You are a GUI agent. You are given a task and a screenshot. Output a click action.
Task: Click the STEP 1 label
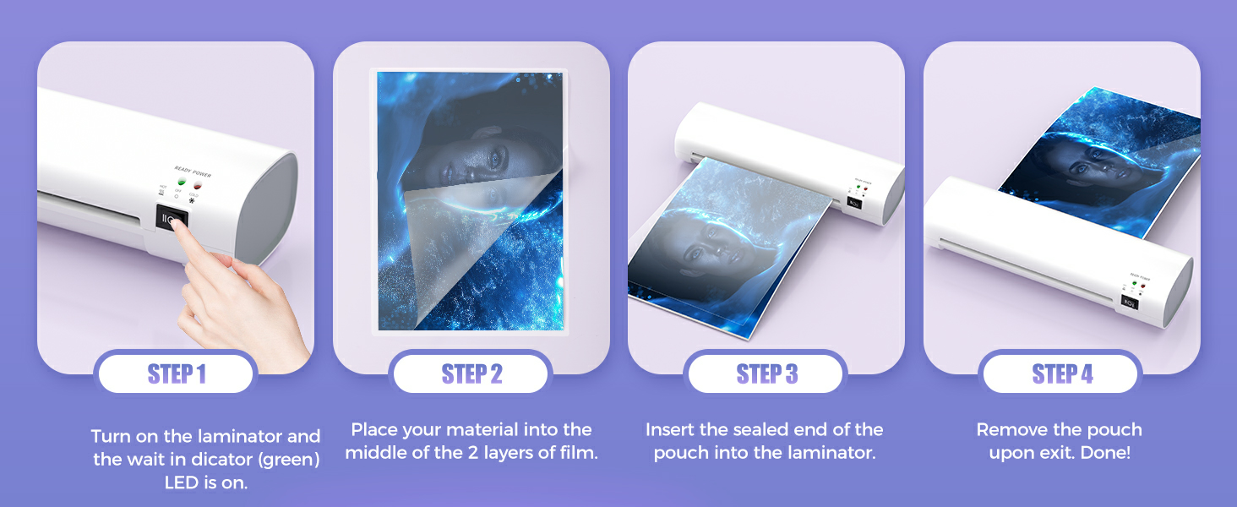pyautogui.click(x=176, y=373)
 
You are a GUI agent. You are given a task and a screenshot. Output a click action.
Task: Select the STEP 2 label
pyautogui.click(x=471, y=373)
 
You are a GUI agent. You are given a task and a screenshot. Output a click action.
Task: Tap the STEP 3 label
pyautogui.click(x=766, y=373)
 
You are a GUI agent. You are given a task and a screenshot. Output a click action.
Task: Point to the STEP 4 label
pyautogui.click(x=1062, y=373)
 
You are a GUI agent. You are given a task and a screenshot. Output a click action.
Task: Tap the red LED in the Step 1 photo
pyautogui.click(x=197, y=183)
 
